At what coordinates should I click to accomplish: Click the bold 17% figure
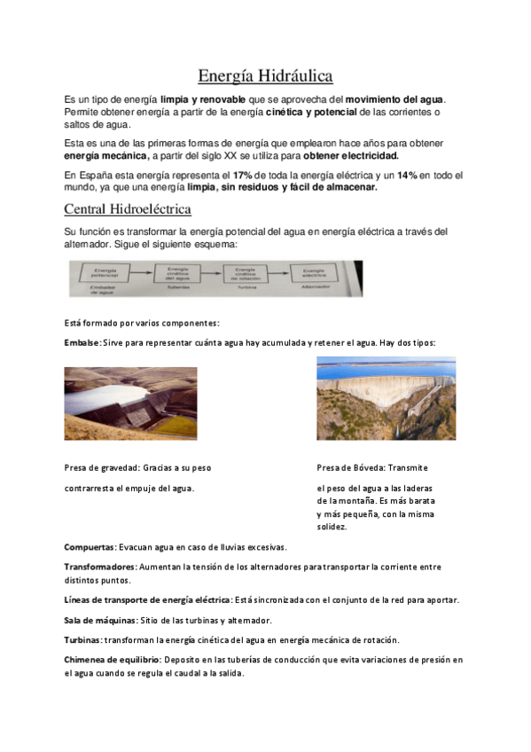coord(243,176)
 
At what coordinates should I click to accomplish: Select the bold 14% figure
coord(407,176)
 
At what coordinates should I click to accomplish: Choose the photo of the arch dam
coord(386,397)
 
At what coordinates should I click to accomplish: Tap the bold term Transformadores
coord(99,566)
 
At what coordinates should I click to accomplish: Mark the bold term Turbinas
coord(82,639)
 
